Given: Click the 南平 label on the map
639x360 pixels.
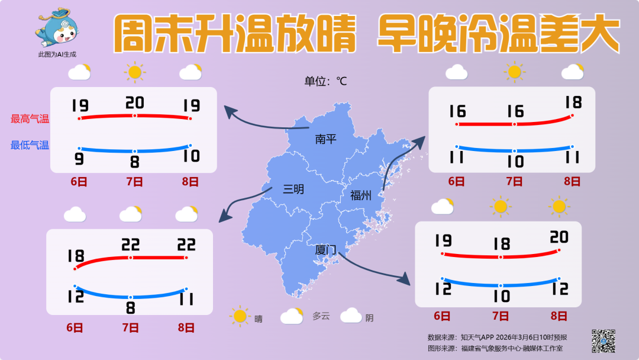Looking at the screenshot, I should pyautogui.click(x=325, y=139).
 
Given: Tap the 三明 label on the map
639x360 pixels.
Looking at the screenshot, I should pyautogui.click(x=293, y=189).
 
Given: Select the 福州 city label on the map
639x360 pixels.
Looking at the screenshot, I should pyautogui.click(x=360, y=195).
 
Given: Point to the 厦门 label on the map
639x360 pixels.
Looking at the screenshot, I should pyautogui.click(x=325, y=250).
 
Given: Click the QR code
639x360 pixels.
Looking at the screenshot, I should pyautogui.click(x=603, y=340).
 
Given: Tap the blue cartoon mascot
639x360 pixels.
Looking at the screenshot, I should pyautogui.click(x=57, y=28).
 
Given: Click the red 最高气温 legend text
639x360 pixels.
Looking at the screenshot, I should pyautogui.click(x=30, y=119).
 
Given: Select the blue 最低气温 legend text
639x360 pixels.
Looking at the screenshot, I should pyautogui.click(x=30, y=145).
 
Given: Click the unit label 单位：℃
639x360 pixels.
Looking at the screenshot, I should pyautogui.click(x=325, y=81).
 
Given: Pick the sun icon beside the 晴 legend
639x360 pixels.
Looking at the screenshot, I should pyautogui.click(x=240, y=316).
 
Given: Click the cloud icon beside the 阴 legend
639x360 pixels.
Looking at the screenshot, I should pyautogui.click(x=351, y=315).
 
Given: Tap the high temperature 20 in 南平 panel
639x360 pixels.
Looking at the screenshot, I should pyautogui.click(x=135, y=103).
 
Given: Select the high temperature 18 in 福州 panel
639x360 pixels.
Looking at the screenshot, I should pyautogui.click(x=573, y=102).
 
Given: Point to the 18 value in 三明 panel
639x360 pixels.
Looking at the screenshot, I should pyautogui.click(x=76, y=256).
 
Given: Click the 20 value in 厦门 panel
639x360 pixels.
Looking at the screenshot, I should pyautogui.click(x=559, y=237).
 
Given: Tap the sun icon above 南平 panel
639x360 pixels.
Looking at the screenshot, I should pyautogui.click(x=135, y=72).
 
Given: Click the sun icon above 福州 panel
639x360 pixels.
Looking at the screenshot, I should pyautogui.click(x=514, y=72).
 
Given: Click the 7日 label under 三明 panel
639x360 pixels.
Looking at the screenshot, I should pyautogui.click(x=131, y=327).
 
